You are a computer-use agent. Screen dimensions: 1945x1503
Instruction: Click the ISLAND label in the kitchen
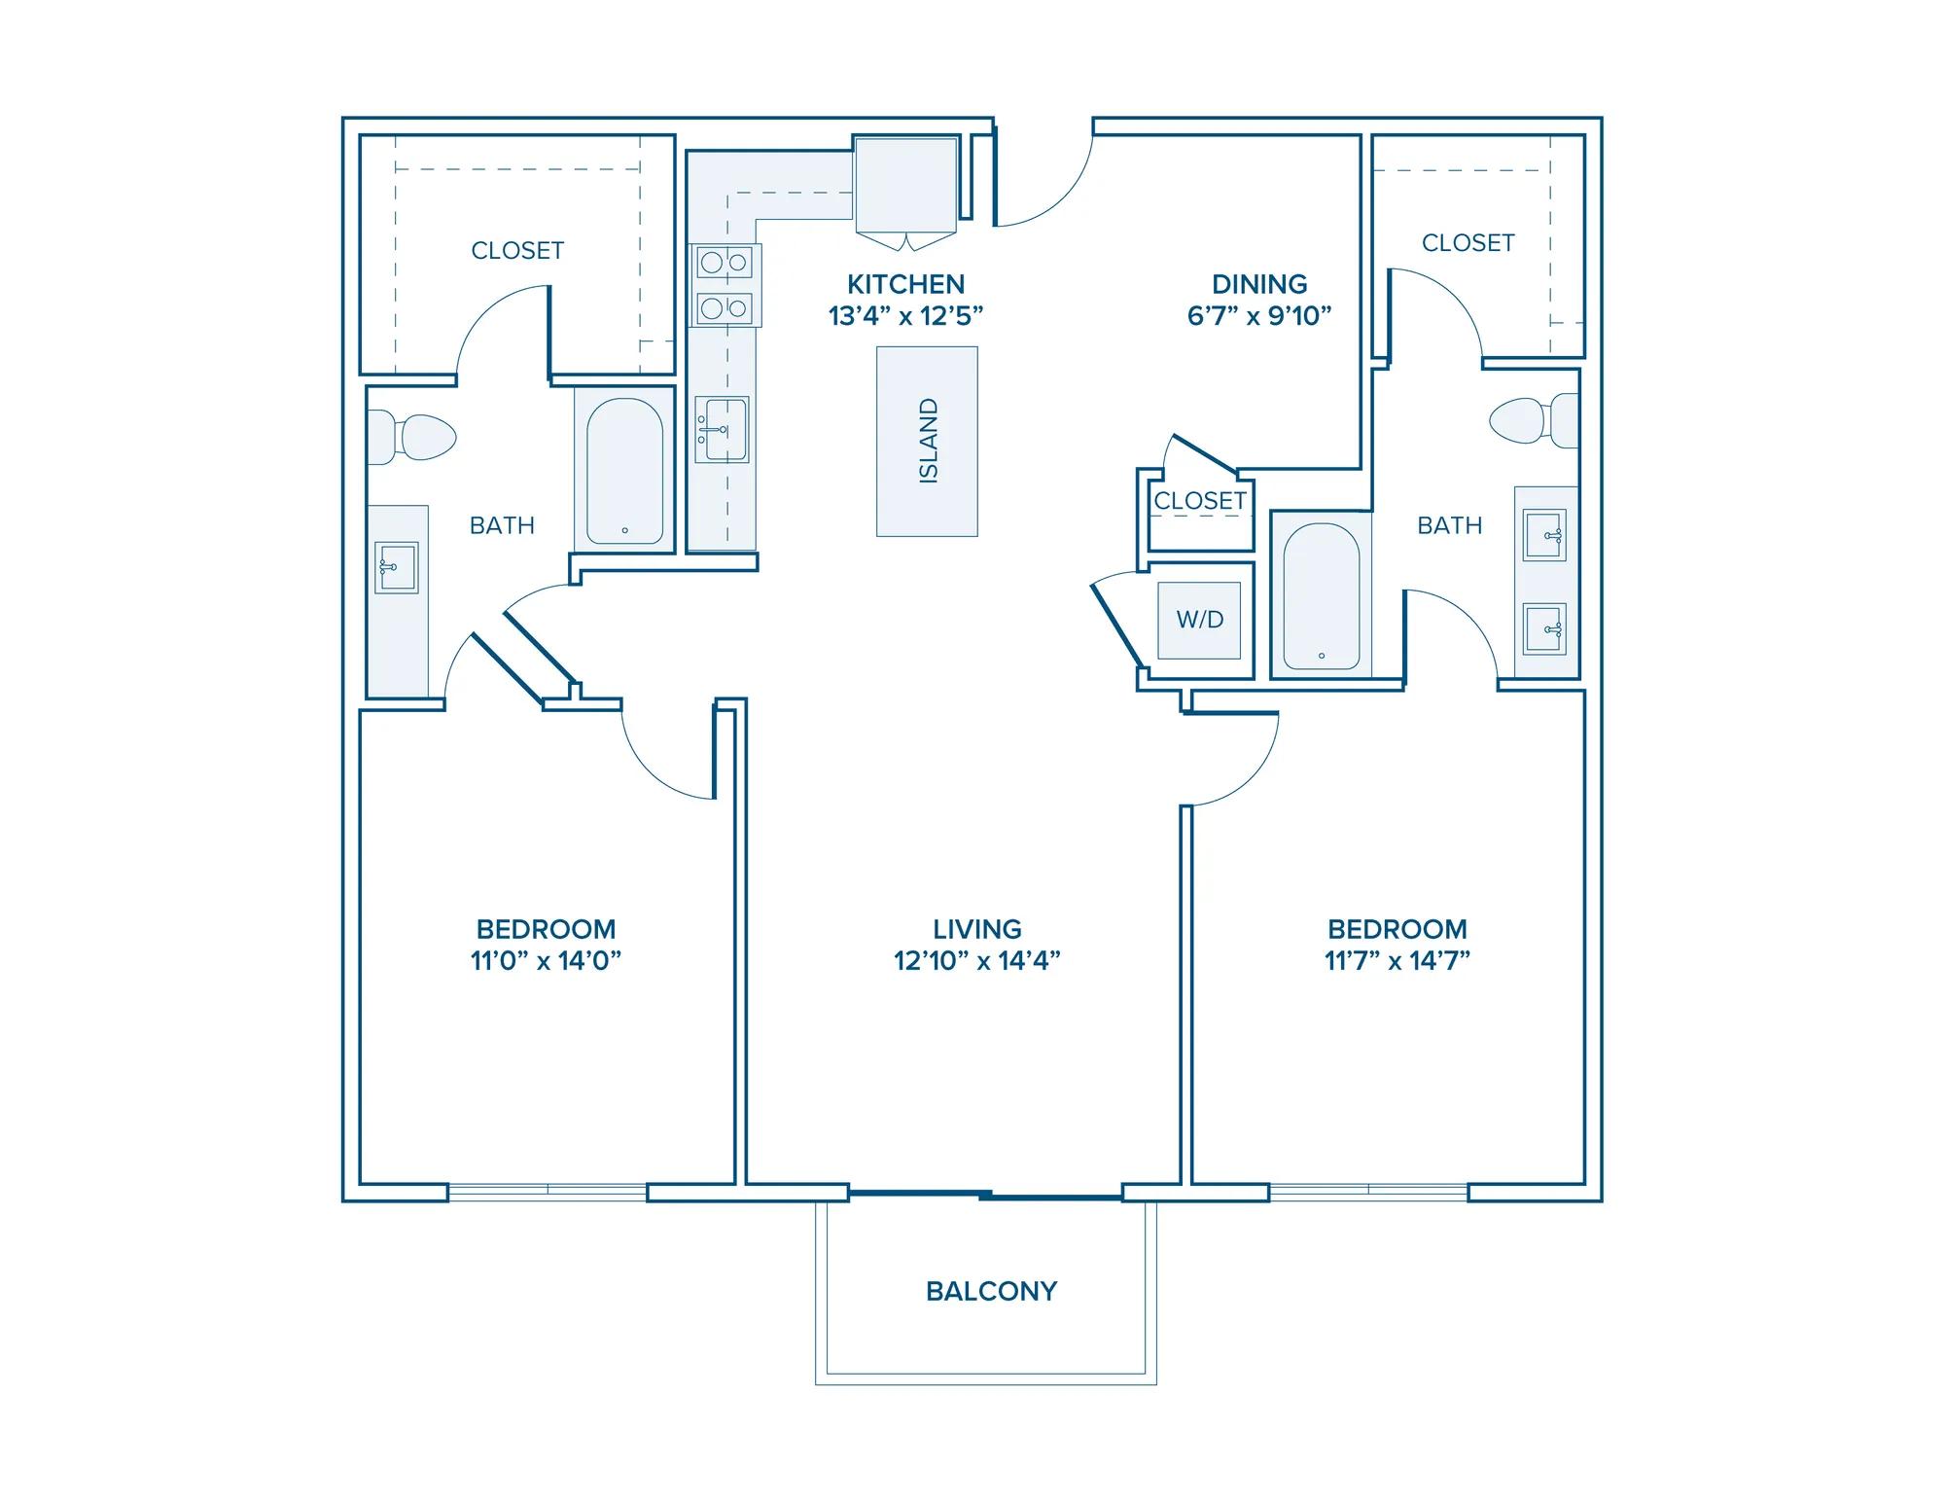point(929,441)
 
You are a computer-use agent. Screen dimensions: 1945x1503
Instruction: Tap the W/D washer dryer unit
point(1199,620)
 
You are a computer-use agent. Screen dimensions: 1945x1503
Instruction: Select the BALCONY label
point(991,1291)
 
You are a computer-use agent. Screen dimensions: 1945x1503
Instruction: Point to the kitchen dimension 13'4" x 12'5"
point(906,316)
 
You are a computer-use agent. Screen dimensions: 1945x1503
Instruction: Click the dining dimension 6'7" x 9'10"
point(1259,316)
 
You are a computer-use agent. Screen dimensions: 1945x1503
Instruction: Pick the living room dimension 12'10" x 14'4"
point(977,961)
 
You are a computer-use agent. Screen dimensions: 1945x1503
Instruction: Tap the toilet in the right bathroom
point(1534,420)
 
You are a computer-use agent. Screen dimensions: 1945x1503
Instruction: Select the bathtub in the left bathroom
point(624,471)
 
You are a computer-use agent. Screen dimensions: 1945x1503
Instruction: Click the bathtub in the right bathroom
point(1321,596)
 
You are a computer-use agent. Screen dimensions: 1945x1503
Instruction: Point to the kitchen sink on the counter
point(722,429)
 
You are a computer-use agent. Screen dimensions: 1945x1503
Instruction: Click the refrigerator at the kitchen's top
point(905,185)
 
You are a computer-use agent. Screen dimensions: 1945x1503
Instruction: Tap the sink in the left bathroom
point(396,567)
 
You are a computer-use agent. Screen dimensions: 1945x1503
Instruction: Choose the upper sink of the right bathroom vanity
point(1545,535)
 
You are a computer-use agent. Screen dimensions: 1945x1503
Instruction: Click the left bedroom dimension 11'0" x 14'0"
point(546,961)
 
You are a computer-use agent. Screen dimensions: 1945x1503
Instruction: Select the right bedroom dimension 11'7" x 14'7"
point(1397,961)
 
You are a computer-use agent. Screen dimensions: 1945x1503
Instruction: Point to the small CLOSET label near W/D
point(1200,501)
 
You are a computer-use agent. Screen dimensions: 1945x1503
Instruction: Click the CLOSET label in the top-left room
point(517,251)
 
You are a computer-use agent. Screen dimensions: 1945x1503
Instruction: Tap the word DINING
point(1259,284)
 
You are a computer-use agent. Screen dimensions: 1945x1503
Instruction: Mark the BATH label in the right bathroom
point(1450,525)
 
